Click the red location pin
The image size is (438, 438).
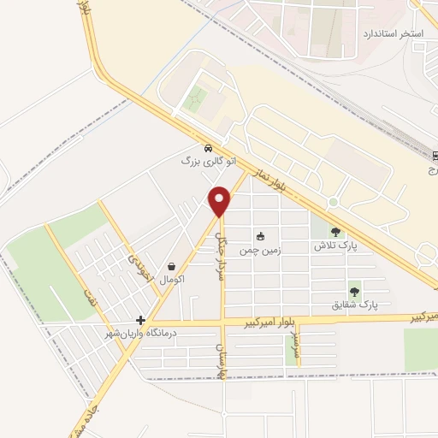(220, 200)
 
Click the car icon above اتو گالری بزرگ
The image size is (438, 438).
(209, 147)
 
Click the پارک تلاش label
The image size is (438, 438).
(334, 245)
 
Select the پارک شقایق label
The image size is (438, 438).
(354, 304)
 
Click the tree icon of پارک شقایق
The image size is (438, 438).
(354, 291)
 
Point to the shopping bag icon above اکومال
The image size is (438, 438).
(173, 266)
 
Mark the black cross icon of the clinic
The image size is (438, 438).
(140, 319)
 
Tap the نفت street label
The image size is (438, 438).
(87, 297)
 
